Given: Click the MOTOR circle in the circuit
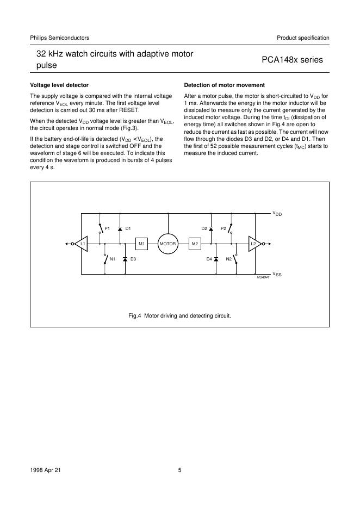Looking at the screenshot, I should (167, 244).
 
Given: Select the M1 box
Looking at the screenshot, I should (141, 244).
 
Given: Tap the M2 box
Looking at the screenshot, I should (195, 244).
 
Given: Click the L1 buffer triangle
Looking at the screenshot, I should (82, 244).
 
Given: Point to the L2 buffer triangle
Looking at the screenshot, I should (253, 244).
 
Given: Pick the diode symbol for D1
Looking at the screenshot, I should (120, 228).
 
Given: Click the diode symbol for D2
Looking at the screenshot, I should (211, 228).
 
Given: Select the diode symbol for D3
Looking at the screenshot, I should (125, 259).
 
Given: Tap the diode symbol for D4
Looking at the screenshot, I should (216, 259).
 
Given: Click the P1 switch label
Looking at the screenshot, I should (107, 228).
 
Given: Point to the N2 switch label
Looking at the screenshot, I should (229, 259).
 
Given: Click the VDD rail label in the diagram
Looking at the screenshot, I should (277, 214).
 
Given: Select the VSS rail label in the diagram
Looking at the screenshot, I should (277, 274).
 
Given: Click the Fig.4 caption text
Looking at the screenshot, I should (179, 315).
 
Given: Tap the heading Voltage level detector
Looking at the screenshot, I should (59, 85).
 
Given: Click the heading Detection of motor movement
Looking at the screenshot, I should (225, 85).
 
